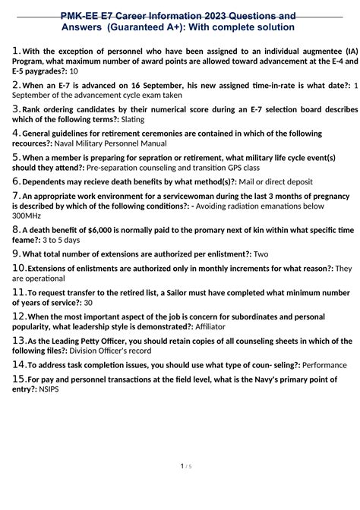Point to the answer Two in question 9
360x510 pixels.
click(x=261, y=254)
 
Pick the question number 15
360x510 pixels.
click(x=19, y=378)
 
